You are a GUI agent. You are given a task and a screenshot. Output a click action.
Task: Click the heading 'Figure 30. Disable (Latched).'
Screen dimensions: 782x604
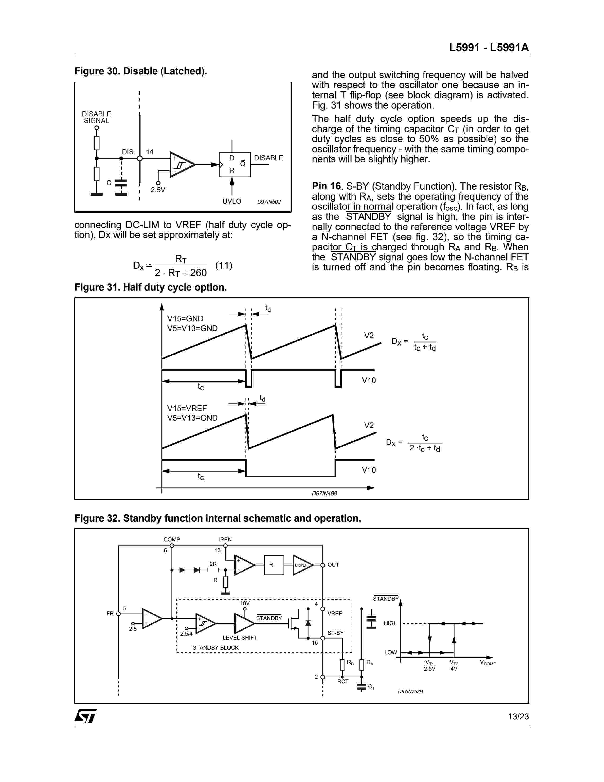[141, 71]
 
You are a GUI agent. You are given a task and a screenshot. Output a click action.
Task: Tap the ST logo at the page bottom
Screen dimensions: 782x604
[86, 716]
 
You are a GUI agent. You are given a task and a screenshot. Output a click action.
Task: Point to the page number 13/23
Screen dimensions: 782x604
[518, 716]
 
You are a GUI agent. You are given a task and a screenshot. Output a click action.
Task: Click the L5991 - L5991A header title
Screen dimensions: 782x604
[489, 48]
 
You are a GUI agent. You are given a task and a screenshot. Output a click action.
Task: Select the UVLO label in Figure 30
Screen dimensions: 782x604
[232, 201]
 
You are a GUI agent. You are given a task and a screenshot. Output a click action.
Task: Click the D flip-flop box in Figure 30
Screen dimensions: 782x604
[235, 164]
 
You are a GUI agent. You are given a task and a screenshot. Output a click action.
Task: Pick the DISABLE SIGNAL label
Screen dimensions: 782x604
[97, 117]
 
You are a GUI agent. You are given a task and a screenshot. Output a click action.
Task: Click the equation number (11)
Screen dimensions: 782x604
[224, 265]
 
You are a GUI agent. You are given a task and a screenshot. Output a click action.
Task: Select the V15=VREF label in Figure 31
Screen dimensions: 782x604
[187, 408]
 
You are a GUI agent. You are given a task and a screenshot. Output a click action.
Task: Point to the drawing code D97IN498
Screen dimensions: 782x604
[324, 493]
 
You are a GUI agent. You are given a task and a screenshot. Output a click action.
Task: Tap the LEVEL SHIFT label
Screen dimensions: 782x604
[240, 638]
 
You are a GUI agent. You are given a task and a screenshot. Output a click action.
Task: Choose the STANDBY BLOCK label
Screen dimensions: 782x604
[215, 648]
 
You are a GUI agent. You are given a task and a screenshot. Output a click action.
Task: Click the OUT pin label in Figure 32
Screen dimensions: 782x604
[333, 565]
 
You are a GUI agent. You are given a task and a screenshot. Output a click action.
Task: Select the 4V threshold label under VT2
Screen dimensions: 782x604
[454, 668]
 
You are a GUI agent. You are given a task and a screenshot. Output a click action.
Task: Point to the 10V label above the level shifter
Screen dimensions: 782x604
[245, 603]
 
